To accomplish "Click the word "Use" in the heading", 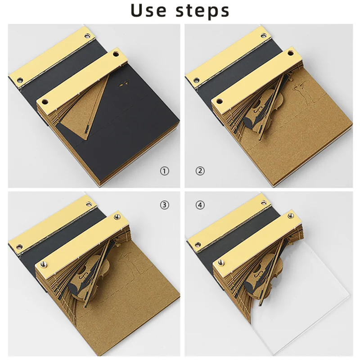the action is pyautogui.click(x=148, y=10).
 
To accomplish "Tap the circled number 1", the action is pyautogui.click(x=164, y=171).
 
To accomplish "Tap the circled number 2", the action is pyautogui.click(x=200, y=171).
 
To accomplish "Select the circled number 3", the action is pyautogui.click(x=164, y=205).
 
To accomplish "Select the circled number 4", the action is pyautogui.click(x=200, y=205).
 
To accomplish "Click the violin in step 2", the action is pyautogui.click(x=264, y=110).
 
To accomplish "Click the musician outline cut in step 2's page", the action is pyautogui.click(x=299, y=92).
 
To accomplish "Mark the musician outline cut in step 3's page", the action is pyautogui.click(x=126, y=264).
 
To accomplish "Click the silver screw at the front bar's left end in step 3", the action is pyautogui.click(x=43, y=264).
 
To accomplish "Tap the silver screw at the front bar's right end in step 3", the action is pyautogui.click(x=117, y=216).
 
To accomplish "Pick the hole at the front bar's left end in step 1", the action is pyautogui.click(x=45, y=101).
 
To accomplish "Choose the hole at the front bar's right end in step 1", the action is pyautogui.click(x=117, y=54).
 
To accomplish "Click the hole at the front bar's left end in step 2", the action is pyautogui.click(x=220, y=101).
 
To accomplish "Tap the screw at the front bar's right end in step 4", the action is pyautogui.click(x=291, y=216).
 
